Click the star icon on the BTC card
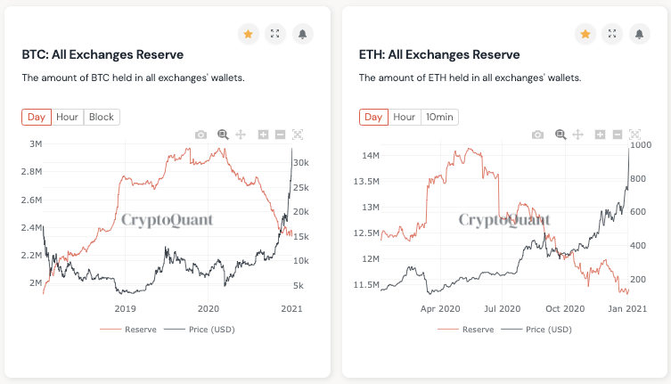coord(248,34)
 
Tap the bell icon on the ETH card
coord(638,34)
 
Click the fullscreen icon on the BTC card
coord(274,34)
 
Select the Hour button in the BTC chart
coord(67,117)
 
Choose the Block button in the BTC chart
coord(102,117)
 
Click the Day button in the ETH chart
coord(373,117)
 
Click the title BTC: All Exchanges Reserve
coord(102,55)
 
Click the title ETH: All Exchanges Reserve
coord(439,55)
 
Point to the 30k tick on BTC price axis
coord(300,163)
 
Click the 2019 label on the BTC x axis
coord(126,308)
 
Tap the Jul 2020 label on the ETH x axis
coord(503,308)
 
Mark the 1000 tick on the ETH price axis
coord(641,144)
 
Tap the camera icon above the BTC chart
coord(200,135)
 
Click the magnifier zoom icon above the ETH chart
coord(561,135)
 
